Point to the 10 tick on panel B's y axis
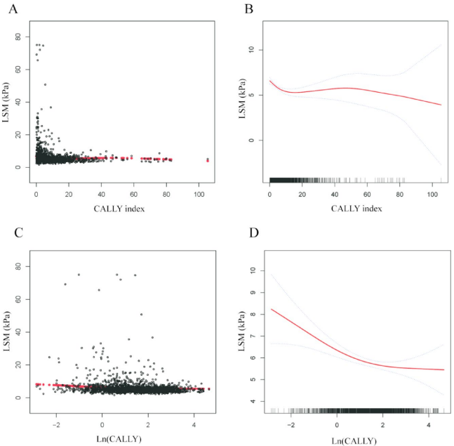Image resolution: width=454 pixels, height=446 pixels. [259, 50]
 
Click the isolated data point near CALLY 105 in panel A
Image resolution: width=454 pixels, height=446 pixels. [207, 160]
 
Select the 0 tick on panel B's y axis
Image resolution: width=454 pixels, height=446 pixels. [259, 140]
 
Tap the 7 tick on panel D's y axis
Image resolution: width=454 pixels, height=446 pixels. [259, 336]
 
